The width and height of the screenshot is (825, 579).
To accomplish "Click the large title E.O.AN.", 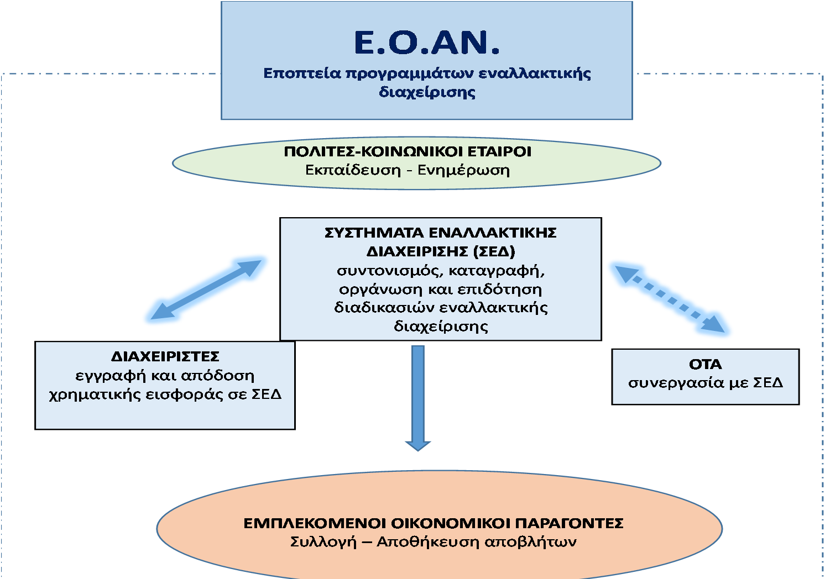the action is click(x=426, y=43).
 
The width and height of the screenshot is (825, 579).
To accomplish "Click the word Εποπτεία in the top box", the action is click(x=302, y=73).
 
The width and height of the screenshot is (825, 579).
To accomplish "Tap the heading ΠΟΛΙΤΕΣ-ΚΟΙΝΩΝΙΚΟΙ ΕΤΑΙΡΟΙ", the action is click(x=408, y=151).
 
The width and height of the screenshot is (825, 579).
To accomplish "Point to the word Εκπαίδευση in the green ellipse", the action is click(x=353, y=170).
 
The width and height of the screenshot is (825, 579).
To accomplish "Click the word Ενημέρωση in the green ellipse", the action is click(x=463, y=171).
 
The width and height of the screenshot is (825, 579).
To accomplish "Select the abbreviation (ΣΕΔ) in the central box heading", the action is click(x=494, y=252).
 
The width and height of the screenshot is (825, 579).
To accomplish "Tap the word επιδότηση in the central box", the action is click(x=499, y=289).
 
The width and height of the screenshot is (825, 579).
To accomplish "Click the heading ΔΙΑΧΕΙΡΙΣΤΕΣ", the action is click(x=165, y=356).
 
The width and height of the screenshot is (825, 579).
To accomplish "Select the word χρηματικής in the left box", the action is click(x=95, y=395).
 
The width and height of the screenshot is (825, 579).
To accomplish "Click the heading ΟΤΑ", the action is click(x=705, y=365).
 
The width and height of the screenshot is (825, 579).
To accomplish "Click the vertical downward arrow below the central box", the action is click(x=417, y=398).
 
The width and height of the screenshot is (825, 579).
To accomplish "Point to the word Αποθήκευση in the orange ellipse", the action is click(x=427, y=542).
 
